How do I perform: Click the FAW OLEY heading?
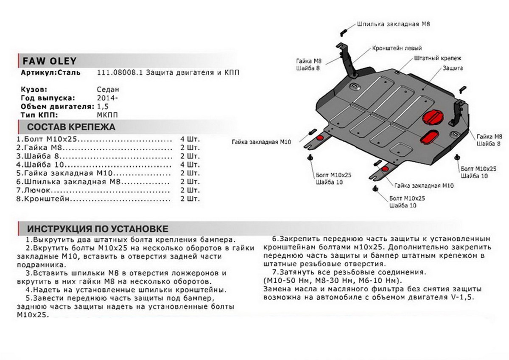coord(43,62)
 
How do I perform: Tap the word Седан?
coord(108,90)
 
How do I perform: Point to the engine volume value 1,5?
coord(103,107)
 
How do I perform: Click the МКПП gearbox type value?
coord(108,115)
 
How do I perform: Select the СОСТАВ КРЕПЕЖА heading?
coord(71,127)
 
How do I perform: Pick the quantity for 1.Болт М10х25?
coord(190,139)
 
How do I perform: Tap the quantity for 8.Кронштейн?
coord(190,199)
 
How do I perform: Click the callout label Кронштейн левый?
coord(397,48)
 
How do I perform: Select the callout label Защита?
coord(453,68)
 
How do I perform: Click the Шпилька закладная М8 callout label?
coord(394,24)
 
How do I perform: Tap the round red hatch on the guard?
coord(433,117)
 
